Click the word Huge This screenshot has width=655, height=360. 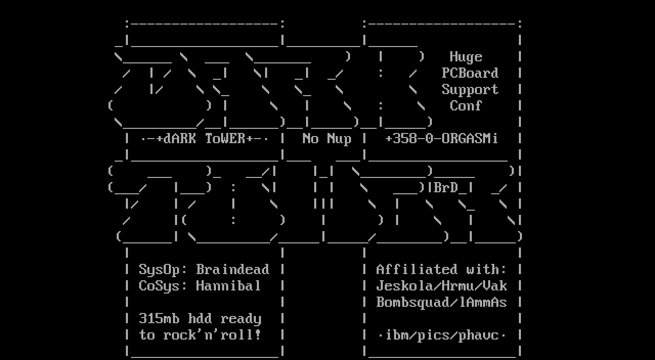click(x=466, y=57)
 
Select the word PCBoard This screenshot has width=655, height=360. click(x=470, y=73)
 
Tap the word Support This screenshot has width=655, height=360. click(x=470, y=89)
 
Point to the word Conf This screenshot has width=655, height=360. click(x=466, y=106)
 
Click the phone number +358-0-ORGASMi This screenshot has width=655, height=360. click(x=441, y=139)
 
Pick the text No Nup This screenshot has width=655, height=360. click(x=326, y=139)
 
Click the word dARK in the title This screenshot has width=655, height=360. click(x=180, y=139)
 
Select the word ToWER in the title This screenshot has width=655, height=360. click(x=225, y=139)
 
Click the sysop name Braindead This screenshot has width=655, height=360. click(x=232, y=269)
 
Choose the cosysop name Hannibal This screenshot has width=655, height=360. click(x=228, y=286)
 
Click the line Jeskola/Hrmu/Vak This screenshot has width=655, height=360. click(x=441, y=286)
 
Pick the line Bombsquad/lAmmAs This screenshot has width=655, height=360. click(x=441, y=302)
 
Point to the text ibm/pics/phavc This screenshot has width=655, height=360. click(x=441, y=335)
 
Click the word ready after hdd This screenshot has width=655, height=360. click(x=241, y=319)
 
